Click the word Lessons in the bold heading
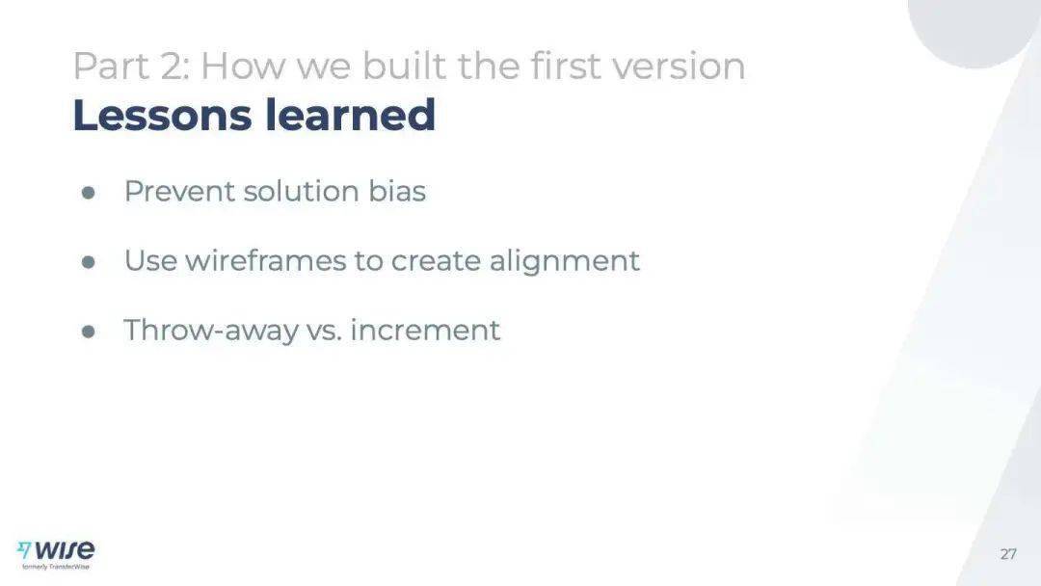tap(162, 115)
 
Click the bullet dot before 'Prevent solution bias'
tap(89, 193)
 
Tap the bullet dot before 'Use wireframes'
tap(89, 262)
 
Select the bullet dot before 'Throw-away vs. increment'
tap(89, 332)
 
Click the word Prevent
tap(179, 191)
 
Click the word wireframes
tap(266, 260)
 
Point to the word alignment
tap(564, 261)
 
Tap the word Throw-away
tap(210, 331)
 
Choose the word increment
tap(425, 330)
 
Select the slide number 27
tap(1008, 554)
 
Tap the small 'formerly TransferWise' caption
tap(56, 567)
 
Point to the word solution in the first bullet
tap(302, 191)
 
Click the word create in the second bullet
tap(435, 261)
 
